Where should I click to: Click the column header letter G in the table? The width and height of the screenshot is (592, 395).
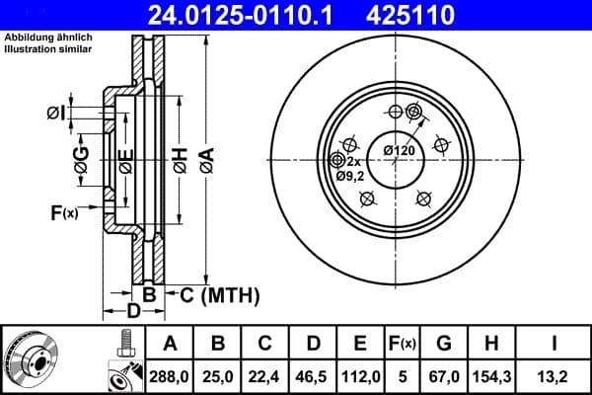click(x=444, y=344)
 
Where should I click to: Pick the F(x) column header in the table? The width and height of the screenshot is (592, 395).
click(x=404, y=344)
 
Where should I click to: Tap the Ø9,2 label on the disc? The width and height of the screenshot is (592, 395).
click(x=351, y=176)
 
